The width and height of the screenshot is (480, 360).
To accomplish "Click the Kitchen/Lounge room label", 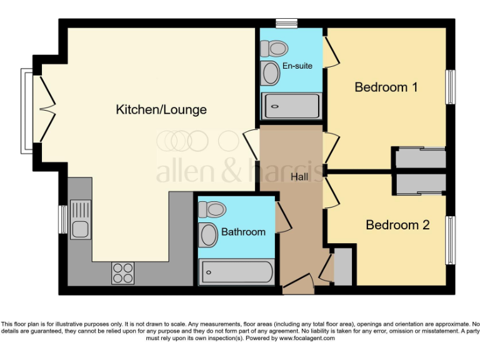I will tap(161, 110).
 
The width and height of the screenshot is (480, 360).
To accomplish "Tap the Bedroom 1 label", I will tap(386, 87).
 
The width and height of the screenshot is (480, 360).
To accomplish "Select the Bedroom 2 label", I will tap(397, 225).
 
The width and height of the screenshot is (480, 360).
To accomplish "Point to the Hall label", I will tap(299, 177).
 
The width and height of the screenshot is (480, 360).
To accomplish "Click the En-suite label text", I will tap(297, 66).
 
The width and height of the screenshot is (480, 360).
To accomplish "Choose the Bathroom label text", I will tap(243, 232).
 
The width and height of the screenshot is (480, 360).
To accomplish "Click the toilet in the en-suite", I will tap(272, 48).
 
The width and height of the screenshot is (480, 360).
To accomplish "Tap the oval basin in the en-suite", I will tap(271, 74).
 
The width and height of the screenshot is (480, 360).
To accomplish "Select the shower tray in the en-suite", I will tap(292, 106).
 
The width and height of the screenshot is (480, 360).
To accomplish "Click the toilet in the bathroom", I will tap(212, 209).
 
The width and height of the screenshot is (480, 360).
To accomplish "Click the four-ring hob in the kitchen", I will tap(122, 273).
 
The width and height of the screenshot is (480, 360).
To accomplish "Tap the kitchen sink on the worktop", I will tap(80, 219).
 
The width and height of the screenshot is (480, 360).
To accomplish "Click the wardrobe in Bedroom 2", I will tap(421, 183).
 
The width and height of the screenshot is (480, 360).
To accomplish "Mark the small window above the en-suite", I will tap(286, 24).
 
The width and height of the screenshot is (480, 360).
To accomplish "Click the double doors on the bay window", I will tap(47, 110).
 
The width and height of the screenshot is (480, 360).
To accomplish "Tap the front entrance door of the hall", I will tap(299, 284).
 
